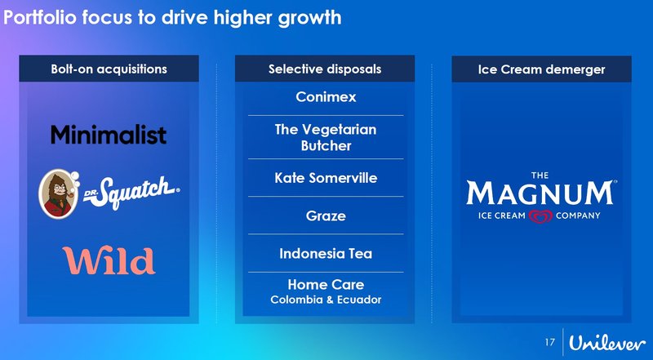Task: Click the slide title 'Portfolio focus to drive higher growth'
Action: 171,17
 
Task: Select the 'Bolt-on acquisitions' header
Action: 109,69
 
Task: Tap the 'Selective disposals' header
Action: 325,69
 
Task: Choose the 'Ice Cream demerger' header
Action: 541,69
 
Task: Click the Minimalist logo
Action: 109,135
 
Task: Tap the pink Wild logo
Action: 109,260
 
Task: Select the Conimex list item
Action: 326,98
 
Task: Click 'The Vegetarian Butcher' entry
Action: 326,137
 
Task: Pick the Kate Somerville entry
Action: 326,177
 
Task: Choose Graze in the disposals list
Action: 326,216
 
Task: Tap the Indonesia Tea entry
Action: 326,253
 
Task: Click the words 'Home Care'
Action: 326,285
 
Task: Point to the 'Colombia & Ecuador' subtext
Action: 326,300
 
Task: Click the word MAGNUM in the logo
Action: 540,194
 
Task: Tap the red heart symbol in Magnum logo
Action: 540,216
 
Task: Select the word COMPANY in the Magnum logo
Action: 578,216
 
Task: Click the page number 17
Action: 549,340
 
